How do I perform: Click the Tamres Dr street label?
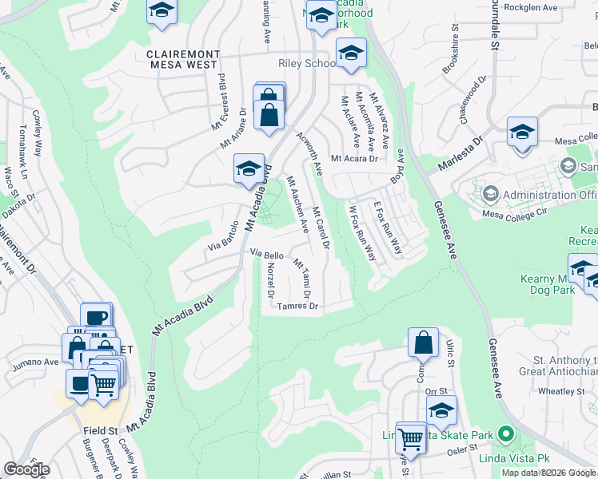[x=297, y=306]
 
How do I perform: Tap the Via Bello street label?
[x=267, y=253]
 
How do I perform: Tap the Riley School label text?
[x=307, y=63]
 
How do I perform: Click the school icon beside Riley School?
[x=350, y=53]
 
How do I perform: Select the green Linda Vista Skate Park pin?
[x=504, y=436]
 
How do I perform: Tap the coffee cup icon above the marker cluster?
[x=97, y=317]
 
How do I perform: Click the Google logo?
[x=26, y=469]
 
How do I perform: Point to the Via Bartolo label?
[x=224, y=237]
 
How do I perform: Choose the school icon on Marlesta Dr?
[x=522, y=132]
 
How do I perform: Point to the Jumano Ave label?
[x=35, y=362]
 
